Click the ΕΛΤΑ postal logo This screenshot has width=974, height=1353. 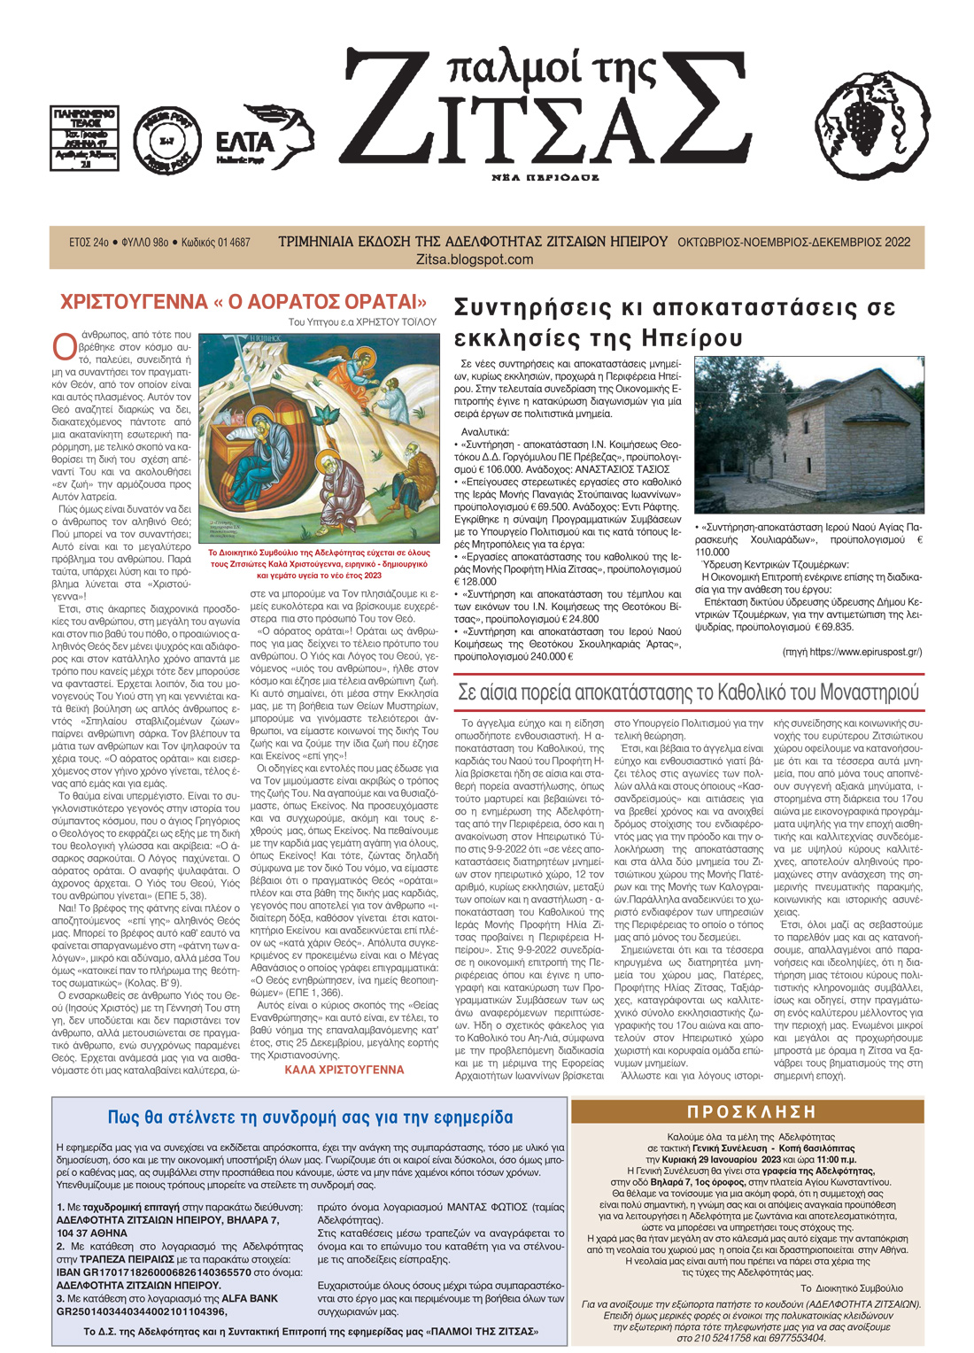(x=263, y=140)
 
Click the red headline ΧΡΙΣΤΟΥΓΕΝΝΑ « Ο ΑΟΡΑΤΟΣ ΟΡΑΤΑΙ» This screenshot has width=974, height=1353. (x=243, y=302)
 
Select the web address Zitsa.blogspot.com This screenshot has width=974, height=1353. (x=475, y=259)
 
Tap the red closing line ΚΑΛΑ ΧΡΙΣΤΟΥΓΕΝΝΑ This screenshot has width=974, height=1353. (x=344, y=1070)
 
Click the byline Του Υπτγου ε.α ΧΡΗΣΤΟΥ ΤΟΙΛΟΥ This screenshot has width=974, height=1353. (x=361, y=322)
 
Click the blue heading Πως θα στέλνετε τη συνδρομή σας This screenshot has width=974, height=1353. (x=310, y=1117)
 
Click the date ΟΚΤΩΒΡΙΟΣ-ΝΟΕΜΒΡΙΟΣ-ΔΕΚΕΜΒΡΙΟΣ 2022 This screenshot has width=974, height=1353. (x=793, y=242)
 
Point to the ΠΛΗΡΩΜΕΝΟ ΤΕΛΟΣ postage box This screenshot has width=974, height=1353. (x=84, y=138)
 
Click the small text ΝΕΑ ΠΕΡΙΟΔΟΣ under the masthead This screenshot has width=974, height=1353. (x=545, y=177)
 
